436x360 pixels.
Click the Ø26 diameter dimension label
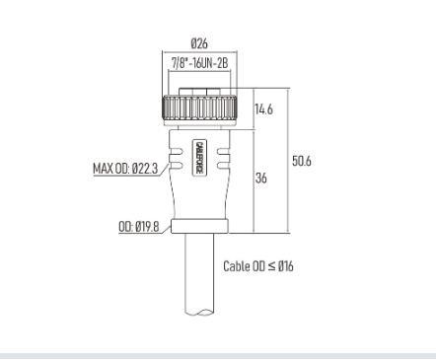[x=199, y=43]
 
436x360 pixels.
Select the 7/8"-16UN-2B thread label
[x=199, y=63]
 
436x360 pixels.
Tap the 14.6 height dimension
[x=264, y=109]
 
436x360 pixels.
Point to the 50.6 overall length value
[x=302, y=161]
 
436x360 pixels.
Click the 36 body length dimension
[x=261, y=178]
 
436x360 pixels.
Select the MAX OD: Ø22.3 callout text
[x=125, y=169]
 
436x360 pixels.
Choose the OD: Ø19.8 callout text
[x=139, y=227]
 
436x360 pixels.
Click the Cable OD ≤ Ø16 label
[x=258, y=266]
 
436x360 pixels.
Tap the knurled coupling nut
[x=199, y=108]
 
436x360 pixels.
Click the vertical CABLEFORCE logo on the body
[x=199, y=157]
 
